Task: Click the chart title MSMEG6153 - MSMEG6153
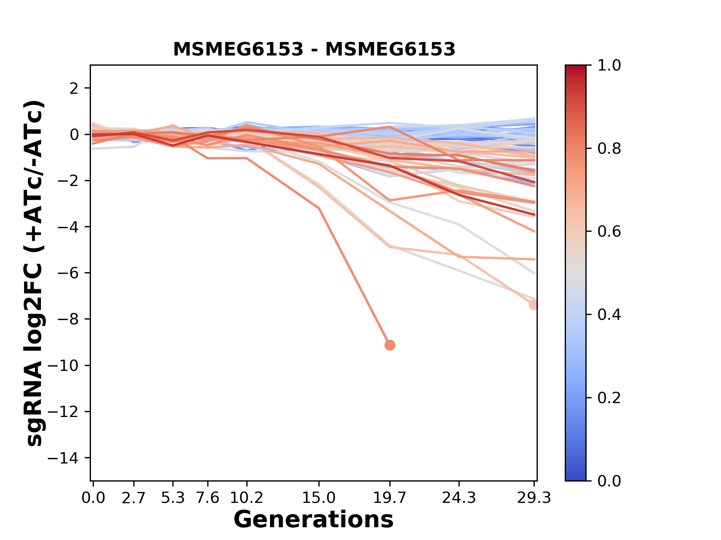pos(314,49)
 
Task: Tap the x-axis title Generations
pos(314,520)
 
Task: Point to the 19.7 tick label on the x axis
pos(390,498)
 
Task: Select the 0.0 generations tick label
pos(93,498)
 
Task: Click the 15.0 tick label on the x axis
pos(319,498)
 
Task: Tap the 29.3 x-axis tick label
pos(534,498)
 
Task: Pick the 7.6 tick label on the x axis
pos(208,498)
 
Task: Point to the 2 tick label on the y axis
pos(74,88)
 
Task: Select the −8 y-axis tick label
pos(68,319)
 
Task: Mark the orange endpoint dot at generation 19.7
pos(390,345)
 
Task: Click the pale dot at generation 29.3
pos(534,304)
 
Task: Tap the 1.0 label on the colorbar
pos(609,66)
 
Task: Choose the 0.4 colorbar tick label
pos(609,315)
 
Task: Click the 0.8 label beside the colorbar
pos(609,149)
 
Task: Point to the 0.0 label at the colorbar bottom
pos(609,481)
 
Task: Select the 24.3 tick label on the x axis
pos(459,498)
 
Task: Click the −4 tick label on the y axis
pos(68,227)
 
